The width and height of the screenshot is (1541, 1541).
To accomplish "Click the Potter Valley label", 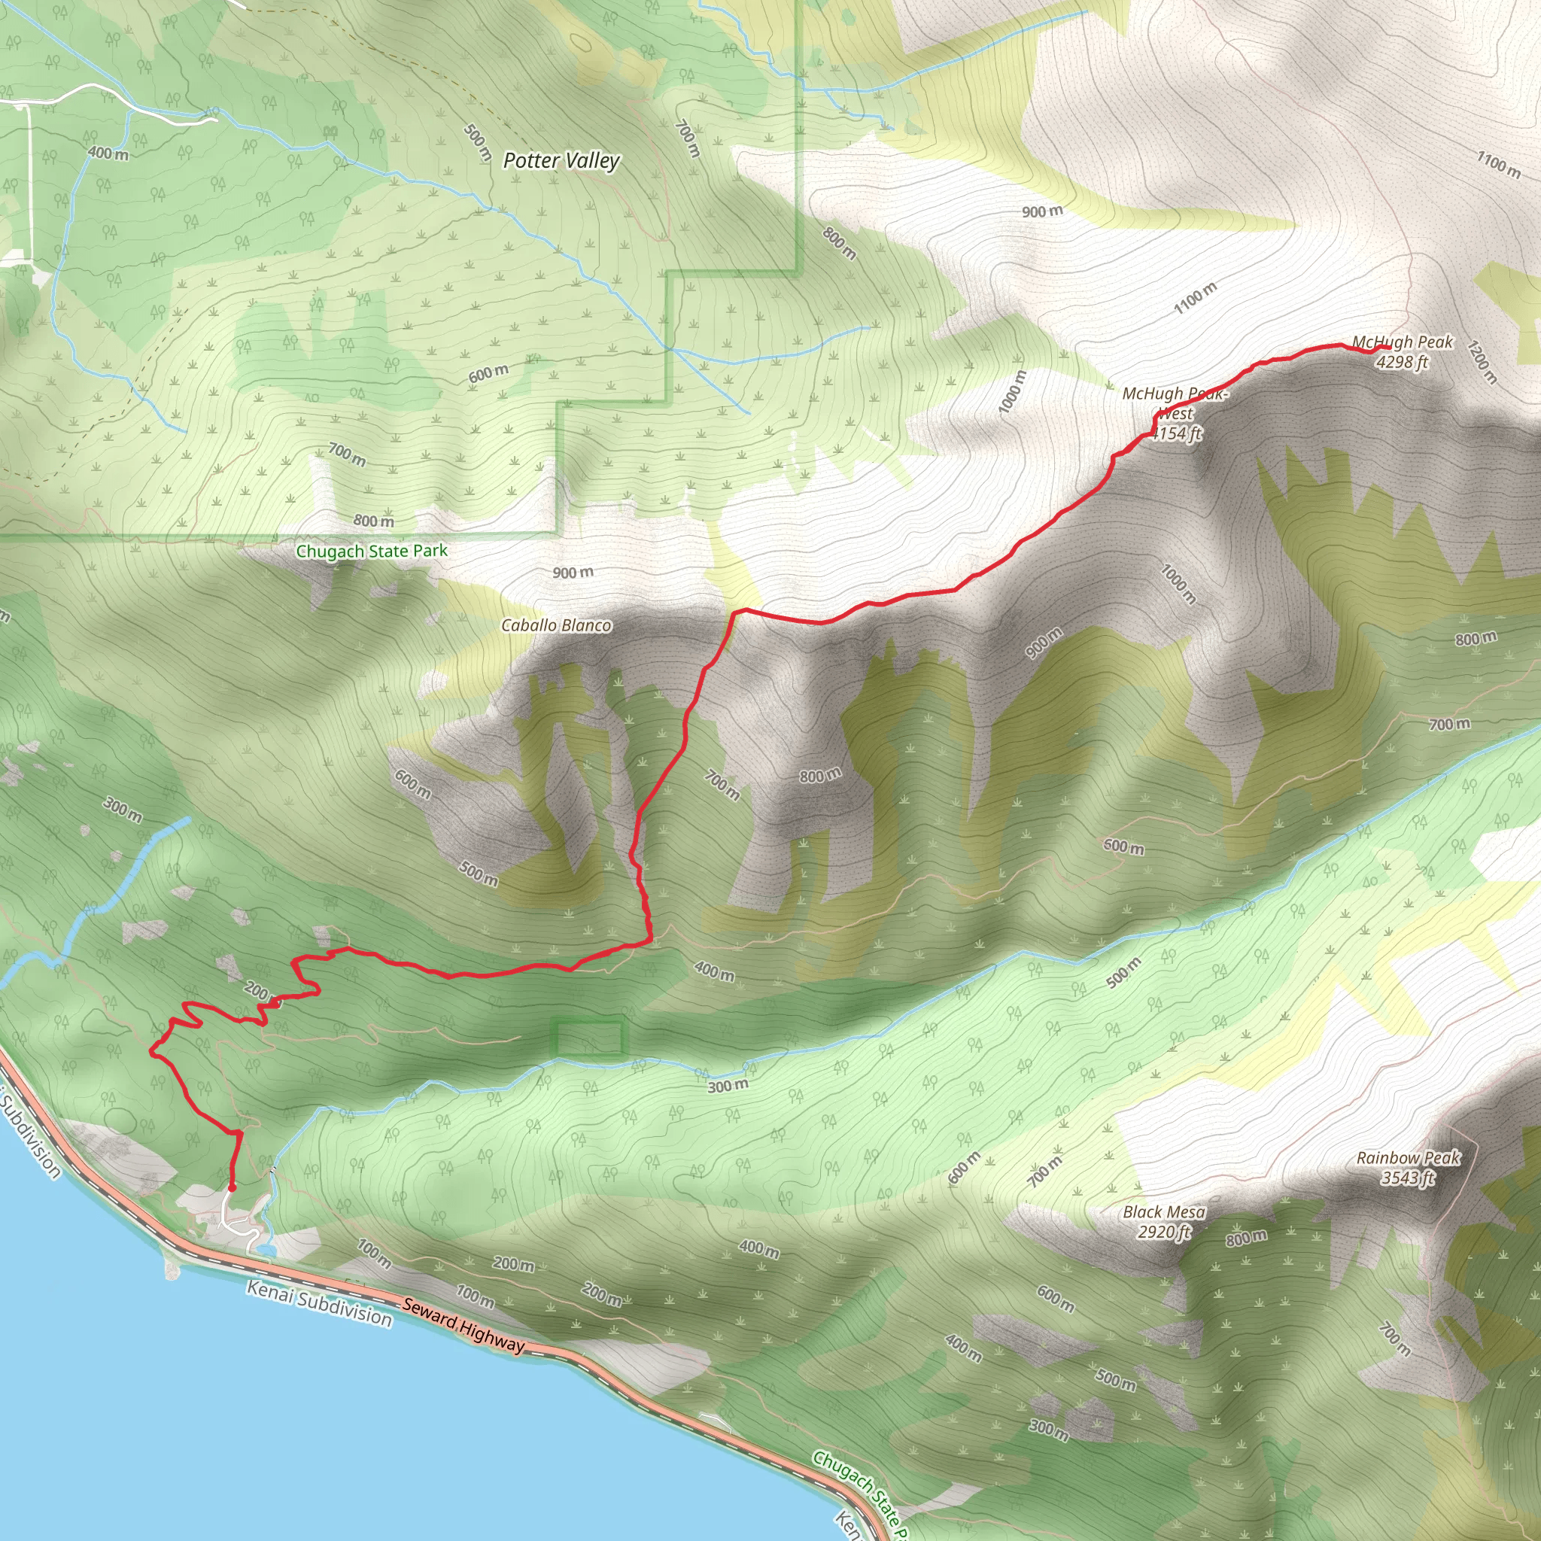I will (561, 161).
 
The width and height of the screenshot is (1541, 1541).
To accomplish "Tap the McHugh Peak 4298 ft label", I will (1403, 351).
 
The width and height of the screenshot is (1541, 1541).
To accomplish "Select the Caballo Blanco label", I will (556, 625).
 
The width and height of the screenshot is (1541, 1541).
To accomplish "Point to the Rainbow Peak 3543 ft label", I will (1408, 1168).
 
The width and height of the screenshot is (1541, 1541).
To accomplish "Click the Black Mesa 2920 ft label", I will (1164, 1222).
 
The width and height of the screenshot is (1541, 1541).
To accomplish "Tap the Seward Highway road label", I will (464, 1325).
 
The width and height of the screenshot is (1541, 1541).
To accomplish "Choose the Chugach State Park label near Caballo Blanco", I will (372, 551).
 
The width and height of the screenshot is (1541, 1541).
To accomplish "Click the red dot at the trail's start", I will (231, 1187).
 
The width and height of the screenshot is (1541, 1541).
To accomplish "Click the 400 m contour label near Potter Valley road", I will (108, 153).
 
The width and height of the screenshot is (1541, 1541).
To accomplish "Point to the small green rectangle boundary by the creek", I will (589, 1038).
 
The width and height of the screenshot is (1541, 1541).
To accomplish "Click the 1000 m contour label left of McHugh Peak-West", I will (1013, 391).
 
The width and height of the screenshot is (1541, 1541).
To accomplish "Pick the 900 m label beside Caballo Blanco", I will (573, 573).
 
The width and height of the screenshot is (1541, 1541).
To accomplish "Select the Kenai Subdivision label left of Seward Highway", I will (318, 1303).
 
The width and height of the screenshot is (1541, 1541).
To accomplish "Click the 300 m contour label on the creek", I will (728, 1086).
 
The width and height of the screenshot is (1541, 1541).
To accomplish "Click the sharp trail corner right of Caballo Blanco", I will (734, 612).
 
